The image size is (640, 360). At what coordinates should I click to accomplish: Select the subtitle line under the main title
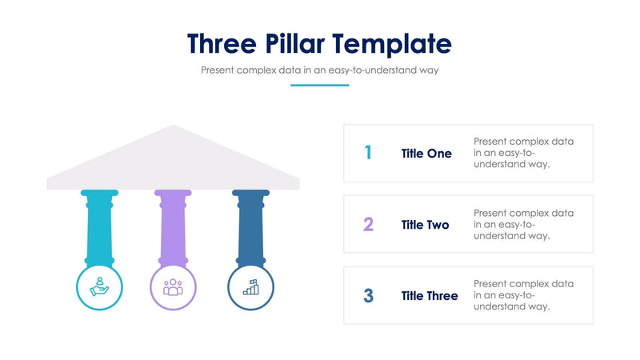319,70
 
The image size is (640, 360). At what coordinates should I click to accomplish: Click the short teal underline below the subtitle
319,85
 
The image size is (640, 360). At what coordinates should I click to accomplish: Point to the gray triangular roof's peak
173,128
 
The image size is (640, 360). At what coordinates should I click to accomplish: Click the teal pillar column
99,228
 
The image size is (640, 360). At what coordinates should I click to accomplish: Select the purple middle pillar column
174,228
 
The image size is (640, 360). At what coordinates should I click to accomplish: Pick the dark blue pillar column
250,228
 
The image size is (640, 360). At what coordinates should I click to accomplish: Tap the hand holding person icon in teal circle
99,286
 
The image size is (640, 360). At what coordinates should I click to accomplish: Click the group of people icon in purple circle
174,286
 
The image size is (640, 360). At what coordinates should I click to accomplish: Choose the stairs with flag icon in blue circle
250,286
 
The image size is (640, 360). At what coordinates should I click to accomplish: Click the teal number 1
368,153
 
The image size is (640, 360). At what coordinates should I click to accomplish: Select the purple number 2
368,224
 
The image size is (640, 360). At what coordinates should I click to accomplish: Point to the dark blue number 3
368,295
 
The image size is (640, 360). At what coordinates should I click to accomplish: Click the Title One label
426,154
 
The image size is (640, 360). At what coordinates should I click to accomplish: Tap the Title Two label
426,225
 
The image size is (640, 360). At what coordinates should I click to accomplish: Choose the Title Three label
430,296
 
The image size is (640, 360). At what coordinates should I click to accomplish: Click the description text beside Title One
523,153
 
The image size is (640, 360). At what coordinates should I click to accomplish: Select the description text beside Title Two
523,224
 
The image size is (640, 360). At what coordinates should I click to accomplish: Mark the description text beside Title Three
523,295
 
